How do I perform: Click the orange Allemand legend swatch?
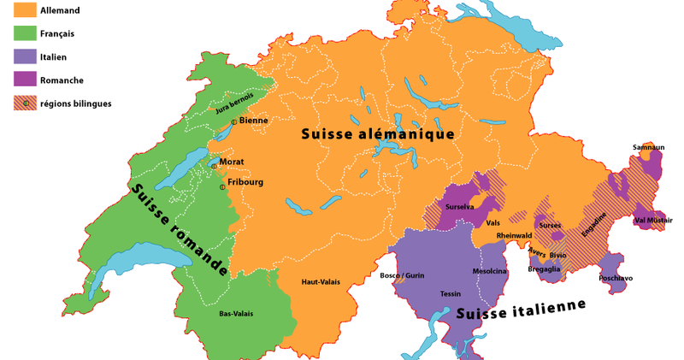click(25, 10)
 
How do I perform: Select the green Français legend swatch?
click(25, 33)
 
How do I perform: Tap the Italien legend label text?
click(53, 57)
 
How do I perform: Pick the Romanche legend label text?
click(62, 80)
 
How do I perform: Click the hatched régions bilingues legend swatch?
click(25, 103)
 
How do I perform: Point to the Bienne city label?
click(253, 121)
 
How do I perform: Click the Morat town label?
click(231, 162)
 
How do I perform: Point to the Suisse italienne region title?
click(521, 310)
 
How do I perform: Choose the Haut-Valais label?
click(321, 282)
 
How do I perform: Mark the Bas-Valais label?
click(236, 314)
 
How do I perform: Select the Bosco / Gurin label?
click(402, 275)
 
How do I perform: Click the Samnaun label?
click(648, 147)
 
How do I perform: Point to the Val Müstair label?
click(653, 221)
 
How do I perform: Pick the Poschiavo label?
click(616, 279)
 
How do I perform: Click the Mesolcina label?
click(489, 272)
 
